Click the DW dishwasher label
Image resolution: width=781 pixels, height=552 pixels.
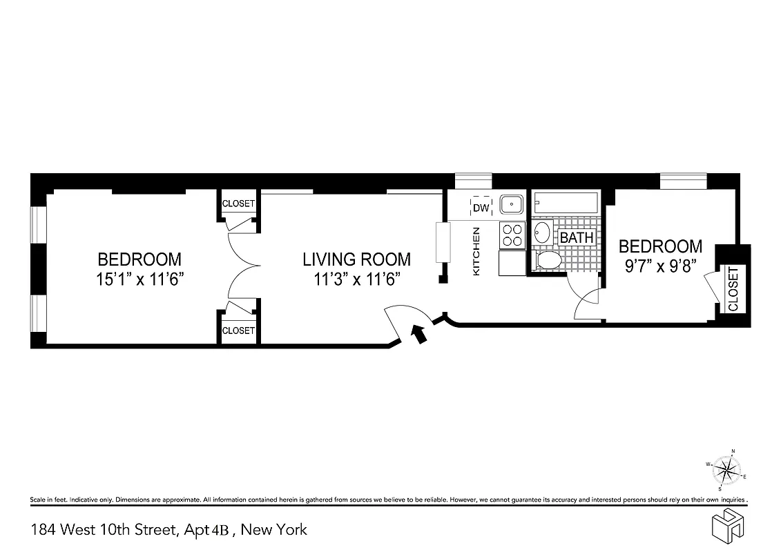[481, 207]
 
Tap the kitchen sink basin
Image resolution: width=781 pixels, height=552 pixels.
[511, 204]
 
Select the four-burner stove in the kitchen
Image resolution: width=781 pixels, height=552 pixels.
[512, 236]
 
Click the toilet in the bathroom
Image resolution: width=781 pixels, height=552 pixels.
[549, 260]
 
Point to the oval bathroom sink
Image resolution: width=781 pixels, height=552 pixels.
[543, 233]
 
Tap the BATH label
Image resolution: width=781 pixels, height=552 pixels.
[577, 237]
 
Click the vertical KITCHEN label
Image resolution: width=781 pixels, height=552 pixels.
[476, 252]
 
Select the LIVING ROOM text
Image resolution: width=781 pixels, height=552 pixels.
[356, 259]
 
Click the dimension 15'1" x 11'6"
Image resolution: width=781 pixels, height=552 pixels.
[139, 280]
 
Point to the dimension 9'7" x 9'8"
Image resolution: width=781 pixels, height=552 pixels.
[660, 266]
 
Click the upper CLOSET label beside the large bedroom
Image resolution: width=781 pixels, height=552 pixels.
[238, 204]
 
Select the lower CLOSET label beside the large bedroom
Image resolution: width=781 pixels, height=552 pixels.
[238, 331]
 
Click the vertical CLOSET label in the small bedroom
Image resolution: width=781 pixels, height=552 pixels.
[733, 289]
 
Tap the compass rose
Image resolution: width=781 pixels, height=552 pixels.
[724, 470]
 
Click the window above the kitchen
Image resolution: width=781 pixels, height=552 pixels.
[473, 181]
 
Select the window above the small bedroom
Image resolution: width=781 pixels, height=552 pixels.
[683, 181]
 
